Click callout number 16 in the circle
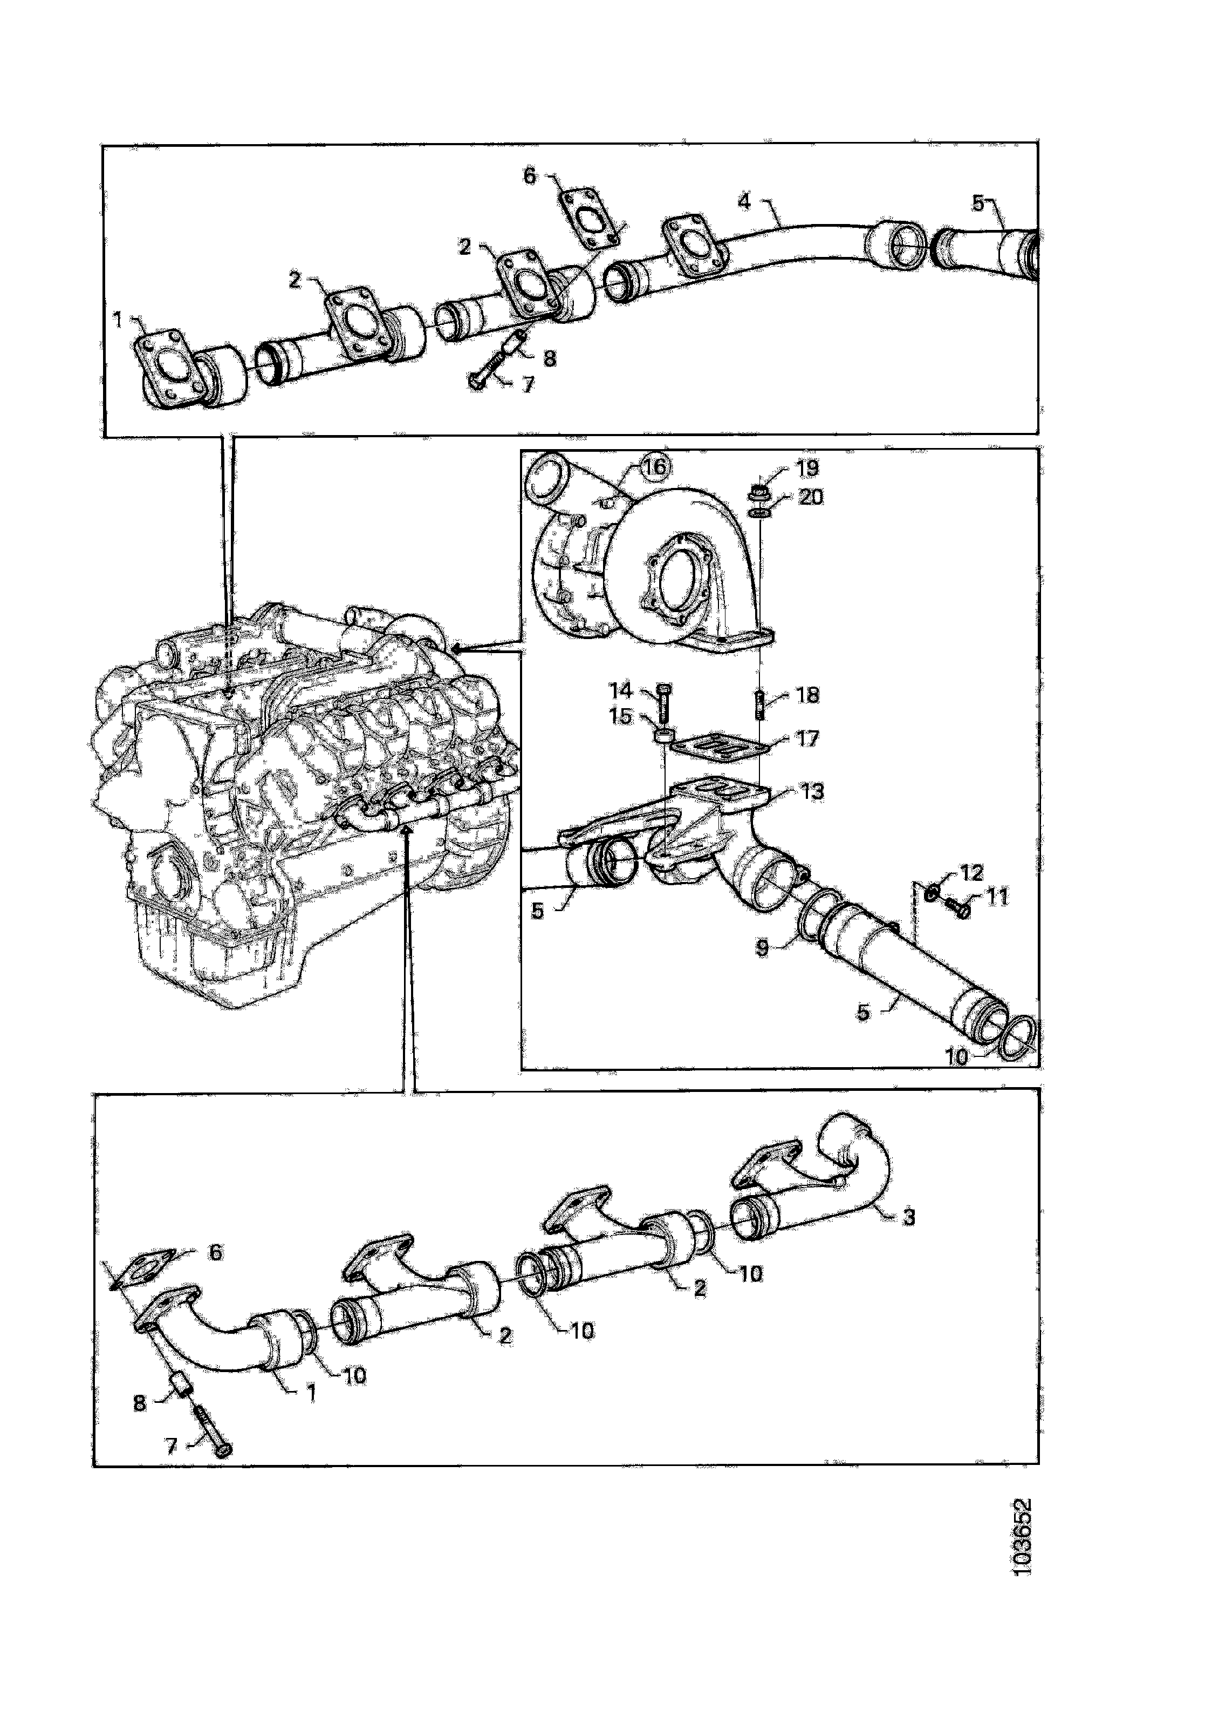[654, 467]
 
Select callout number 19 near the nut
[807, 468]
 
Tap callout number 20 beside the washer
[811, 497]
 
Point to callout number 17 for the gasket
[807, 738]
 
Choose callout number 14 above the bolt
[620, 689]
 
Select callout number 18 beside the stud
[807, 695]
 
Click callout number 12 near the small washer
[971, 872]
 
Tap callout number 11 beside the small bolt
[997, 896]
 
